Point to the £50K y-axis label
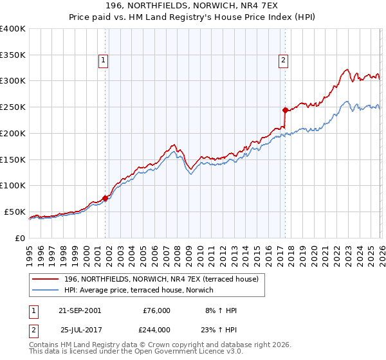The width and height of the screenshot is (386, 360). [x=15, y=212]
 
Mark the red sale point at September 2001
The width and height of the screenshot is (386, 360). [x=106, y=198]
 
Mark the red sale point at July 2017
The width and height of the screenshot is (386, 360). [x=285, y=111]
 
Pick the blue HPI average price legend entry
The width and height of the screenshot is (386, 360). [x=142, y=290]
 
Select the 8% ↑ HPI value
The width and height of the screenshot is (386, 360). [x=222, y=310]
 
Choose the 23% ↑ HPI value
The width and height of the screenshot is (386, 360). [x=222, y=330]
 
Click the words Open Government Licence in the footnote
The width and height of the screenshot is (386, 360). [x=174, y=352]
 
